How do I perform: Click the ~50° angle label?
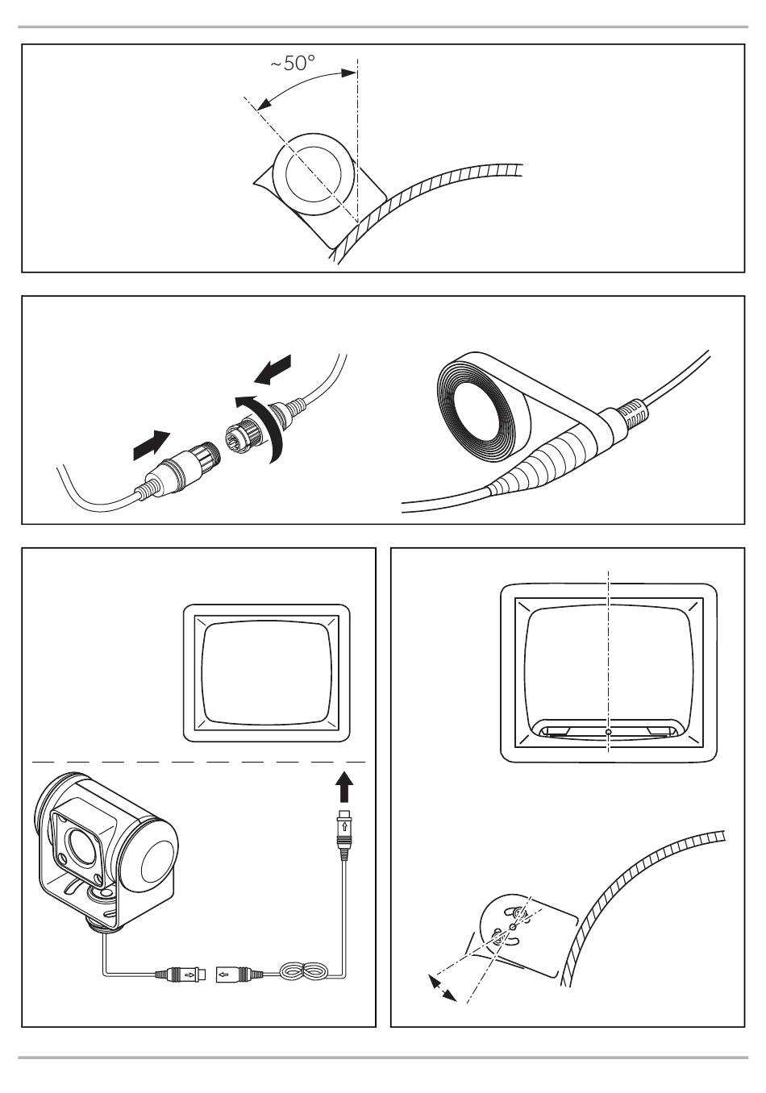[x=293, y=63]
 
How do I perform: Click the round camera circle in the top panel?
[x=313, y=174]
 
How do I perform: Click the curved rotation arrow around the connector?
[x=263, y=424]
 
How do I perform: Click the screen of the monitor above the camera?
[x=267, y=674]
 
